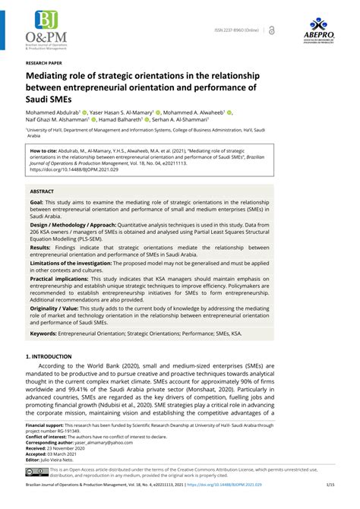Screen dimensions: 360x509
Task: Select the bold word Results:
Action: pyautogui.click(x=41, y=248)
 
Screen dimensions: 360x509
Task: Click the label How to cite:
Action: pyautogui.click(x=46, y=151)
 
